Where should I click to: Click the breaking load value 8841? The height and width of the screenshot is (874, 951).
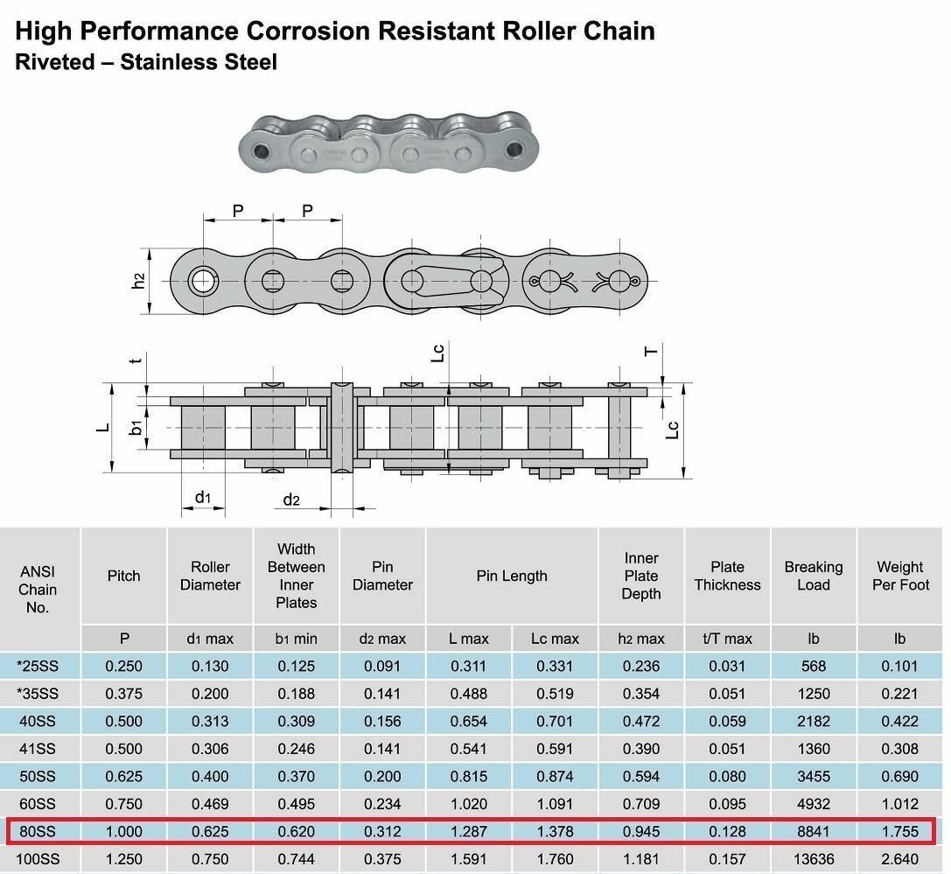(814, 831)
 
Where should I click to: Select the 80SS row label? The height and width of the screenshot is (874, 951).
(38, 831)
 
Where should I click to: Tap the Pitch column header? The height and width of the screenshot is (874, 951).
(123, 576)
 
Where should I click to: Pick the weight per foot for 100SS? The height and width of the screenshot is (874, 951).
(900, 859)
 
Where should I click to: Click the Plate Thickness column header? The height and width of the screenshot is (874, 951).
(727, 576)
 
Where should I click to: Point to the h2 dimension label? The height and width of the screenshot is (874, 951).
(139, 281)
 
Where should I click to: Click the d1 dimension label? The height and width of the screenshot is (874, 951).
(203, 497)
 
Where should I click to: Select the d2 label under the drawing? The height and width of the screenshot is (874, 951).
(291, 500)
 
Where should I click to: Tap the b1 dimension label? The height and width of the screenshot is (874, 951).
(136, 428)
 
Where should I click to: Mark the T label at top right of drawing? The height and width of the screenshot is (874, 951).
(651, 351)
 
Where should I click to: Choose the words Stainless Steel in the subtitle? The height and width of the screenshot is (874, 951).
(199, 62)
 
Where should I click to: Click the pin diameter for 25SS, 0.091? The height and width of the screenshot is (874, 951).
(382, 666)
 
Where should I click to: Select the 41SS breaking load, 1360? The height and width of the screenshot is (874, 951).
(814, 748)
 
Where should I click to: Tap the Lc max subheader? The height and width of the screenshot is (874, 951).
(555, 639)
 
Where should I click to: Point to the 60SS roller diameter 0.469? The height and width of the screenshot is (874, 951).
(210, 804)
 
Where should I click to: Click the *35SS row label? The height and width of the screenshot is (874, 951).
(38, 693)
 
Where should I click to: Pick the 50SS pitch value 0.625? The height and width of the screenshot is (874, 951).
(123, 776)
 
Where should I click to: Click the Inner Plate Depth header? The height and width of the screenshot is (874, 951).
(641, 576)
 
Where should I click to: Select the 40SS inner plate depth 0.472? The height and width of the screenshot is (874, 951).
(641, 721)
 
